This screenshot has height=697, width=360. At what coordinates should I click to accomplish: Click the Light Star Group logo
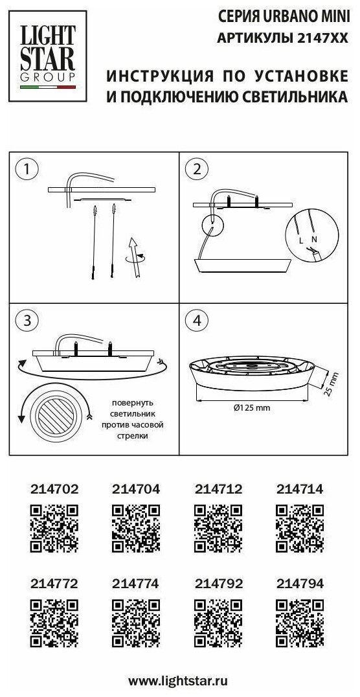[x=47, y=56]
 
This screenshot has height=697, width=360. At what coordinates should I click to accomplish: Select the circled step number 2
[x=197, y=169]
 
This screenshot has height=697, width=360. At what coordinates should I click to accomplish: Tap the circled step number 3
[x=27, y=321]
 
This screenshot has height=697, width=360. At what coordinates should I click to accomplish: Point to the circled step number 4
[x=197, y=321]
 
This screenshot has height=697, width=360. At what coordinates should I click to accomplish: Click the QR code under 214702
[x=54, y=528]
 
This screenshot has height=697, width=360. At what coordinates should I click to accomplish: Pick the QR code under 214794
[x=300, y=623]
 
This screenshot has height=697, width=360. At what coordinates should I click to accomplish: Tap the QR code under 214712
[x=218, y=528]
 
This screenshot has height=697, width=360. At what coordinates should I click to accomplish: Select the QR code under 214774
[x=136, y=623]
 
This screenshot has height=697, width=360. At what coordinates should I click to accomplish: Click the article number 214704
[x=136, y=489]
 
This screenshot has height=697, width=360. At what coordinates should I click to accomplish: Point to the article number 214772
[x=54, y=583]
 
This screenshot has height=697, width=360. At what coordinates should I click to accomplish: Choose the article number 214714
[x=300, y=489]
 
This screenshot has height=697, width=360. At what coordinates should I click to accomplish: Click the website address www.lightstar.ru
[x=178, y=681]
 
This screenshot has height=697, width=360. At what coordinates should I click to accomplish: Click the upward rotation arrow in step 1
[x=135, y=256]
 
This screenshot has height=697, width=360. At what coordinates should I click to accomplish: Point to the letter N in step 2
[x=315, y=240]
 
